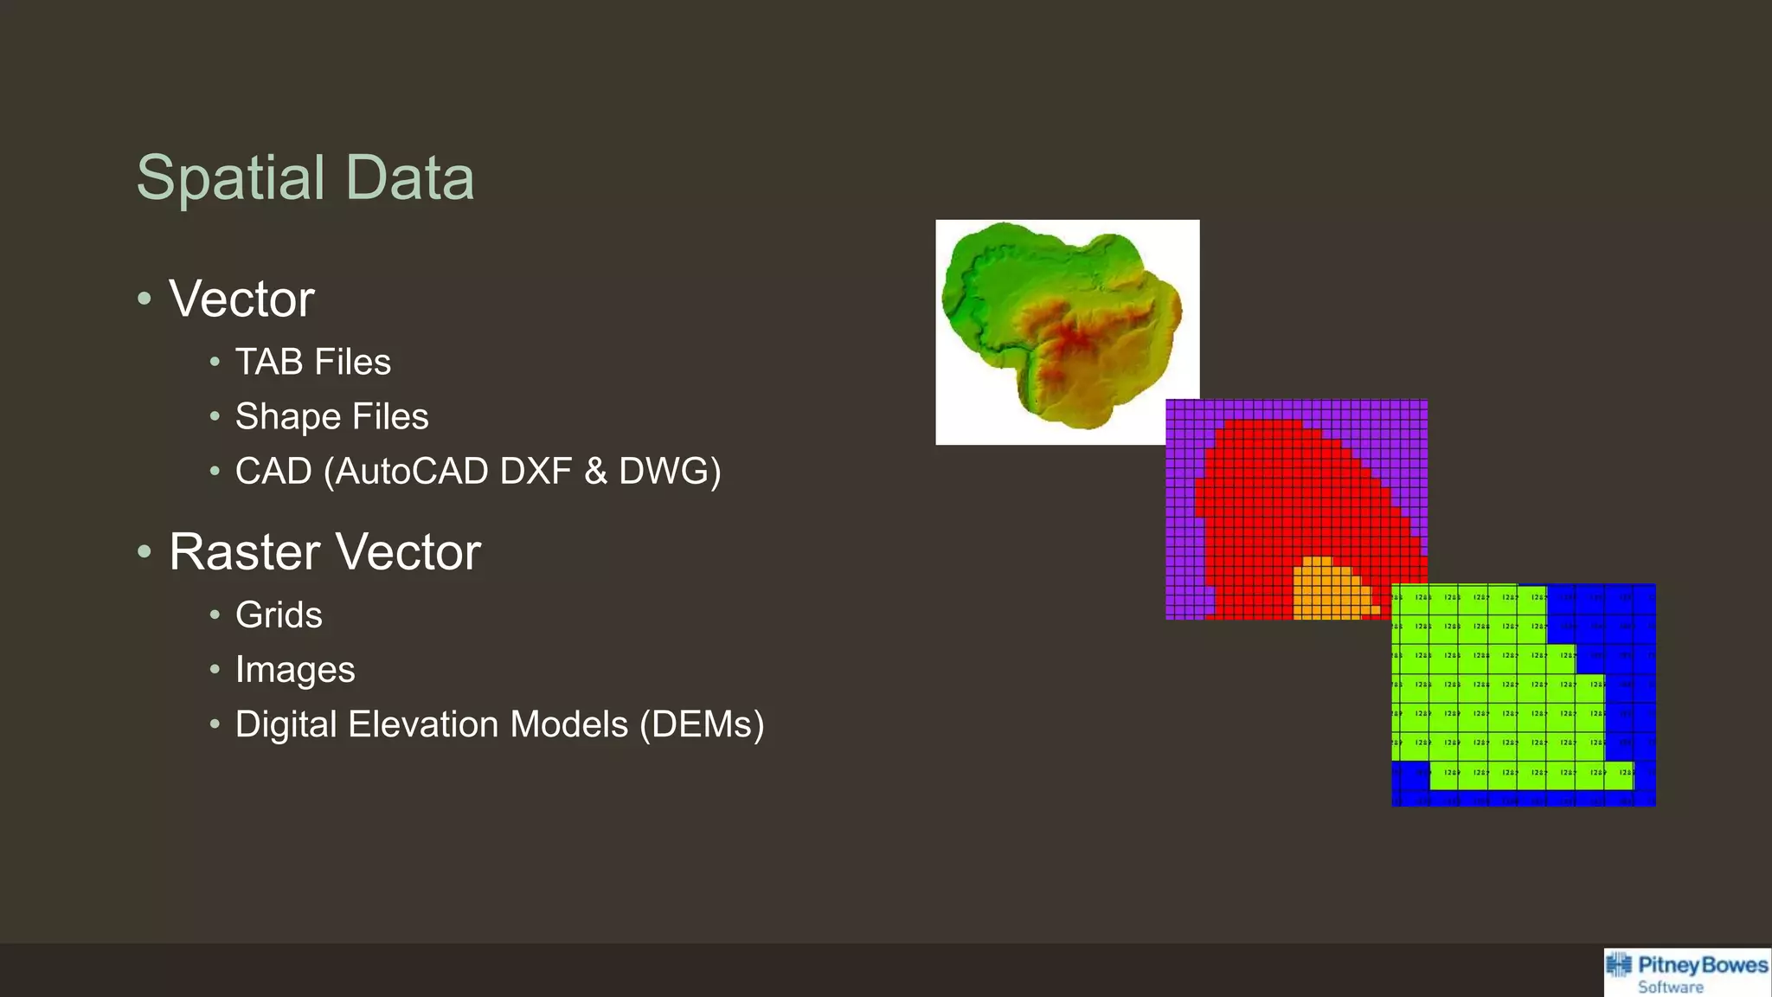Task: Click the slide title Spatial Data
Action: coord(305,178)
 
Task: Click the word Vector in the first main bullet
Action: coord(241,299)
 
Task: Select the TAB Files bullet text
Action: coord(312,363)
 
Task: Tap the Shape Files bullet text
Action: coord(331,417)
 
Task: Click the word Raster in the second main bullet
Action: coord(245,552)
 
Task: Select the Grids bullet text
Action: coord(279,615)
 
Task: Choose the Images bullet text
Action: coord(295,670)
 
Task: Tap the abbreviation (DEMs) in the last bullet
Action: coord(702,724)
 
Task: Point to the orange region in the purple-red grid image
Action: coord(1328,589)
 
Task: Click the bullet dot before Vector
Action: coord(144,299)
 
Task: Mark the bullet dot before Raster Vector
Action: coord(144,552)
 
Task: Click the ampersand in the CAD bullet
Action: coord(595,472)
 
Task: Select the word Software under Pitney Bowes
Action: coord(1670,987)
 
